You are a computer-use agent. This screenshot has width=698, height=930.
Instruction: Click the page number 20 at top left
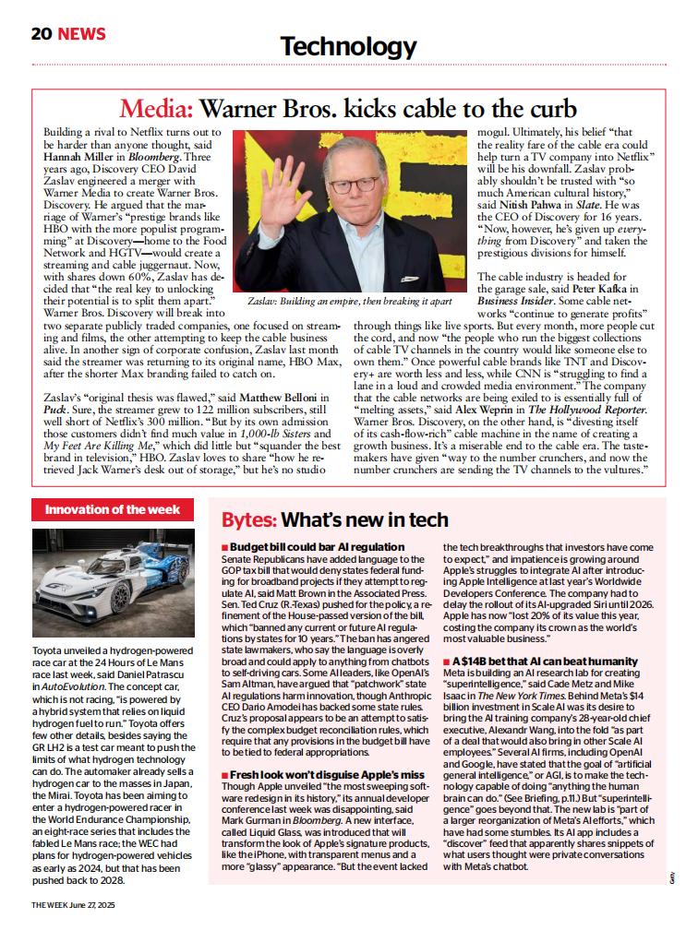(x=41, y=34)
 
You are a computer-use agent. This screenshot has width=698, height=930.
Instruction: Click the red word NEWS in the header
(x=81, y=34)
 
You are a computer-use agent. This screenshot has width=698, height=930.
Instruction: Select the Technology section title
(x=348, y=46)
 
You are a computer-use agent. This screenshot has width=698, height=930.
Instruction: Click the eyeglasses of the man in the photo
(x=353, y=184)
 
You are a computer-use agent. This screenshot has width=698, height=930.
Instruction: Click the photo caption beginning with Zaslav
(x=350, y=302)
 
